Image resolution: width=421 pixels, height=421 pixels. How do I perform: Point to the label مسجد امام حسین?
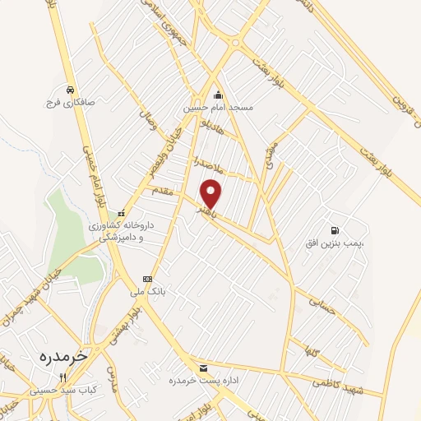click(x=219, y=108)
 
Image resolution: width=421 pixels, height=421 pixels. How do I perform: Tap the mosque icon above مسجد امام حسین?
click(x=218, y=94)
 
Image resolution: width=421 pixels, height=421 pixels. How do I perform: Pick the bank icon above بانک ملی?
click(x=147, y=278)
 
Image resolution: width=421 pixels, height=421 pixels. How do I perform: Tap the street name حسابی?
click(x=322, y=305)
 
